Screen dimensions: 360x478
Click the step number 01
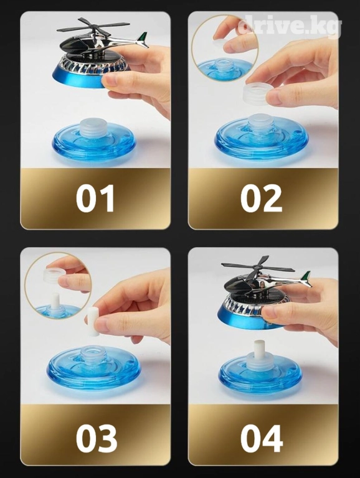95,198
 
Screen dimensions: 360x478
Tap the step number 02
261,198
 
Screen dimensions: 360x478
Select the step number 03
97,438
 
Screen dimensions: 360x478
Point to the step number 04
262,438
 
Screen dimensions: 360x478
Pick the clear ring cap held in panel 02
257,94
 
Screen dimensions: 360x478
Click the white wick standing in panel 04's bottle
260,349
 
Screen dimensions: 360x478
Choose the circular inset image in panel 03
58,286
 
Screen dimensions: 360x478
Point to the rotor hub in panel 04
258,268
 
